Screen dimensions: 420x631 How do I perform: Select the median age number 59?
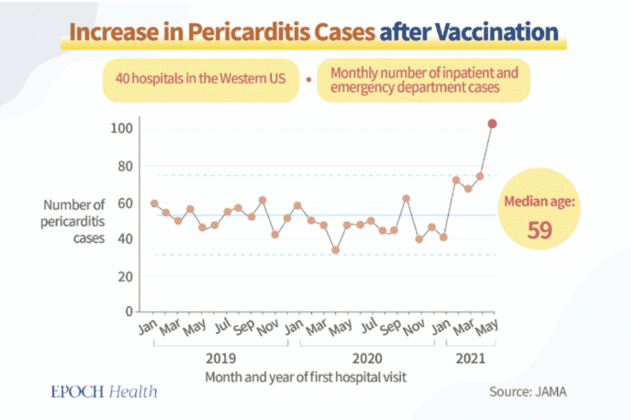[540, 230]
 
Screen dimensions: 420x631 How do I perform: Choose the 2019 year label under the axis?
[221, 359]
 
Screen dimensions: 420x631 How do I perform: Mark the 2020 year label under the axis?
[367, 359]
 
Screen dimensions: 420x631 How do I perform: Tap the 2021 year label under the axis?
[471, 359]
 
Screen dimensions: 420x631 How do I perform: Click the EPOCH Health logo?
[104, 392]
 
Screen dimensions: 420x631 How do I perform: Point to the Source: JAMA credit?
[528, 392]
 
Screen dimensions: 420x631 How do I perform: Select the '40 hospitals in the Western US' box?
[200, 80]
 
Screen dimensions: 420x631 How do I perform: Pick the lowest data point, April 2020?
[336, 250]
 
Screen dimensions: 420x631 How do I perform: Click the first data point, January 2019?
[154, 203]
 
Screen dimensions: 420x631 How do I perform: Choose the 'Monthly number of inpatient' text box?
[423, 80]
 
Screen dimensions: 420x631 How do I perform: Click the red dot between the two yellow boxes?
[308, 80]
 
